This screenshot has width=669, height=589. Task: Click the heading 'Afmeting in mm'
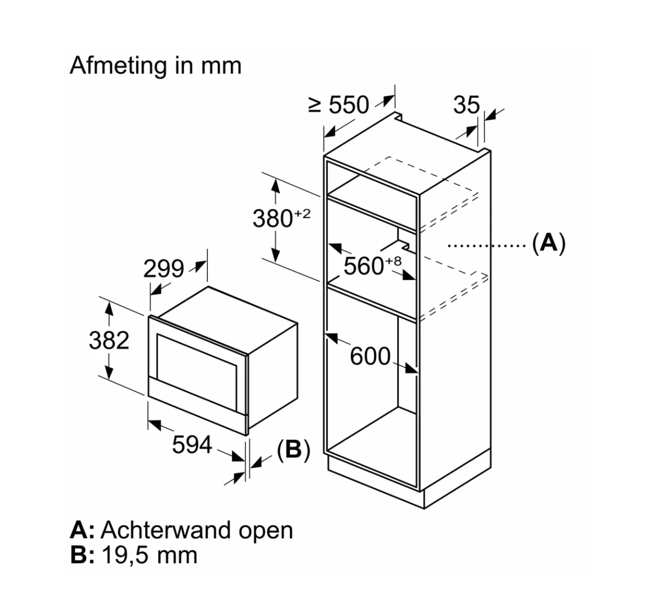(156, 66)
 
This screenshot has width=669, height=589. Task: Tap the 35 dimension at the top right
(466, 105)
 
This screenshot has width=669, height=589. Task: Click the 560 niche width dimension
(365, 266)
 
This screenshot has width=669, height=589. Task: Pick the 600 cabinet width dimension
(370, 357)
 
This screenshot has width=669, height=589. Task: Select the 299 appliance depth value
(164, 269)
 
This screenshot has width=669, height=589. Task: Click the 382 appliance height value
(109, 341)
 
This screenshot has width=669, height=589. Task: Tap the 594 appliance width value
(192, 445)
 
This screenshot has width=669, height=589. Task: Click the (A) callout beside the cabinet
(548, 243)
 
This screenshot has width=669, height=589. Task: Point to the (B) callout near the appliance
(294, 450)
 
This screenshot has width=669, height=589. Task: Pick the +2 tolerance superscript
(302, 214)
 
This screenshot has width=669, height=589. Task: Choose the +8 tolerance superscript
(393, 261)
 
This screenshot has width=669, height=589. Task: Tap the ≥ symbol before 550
(314, 105)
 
